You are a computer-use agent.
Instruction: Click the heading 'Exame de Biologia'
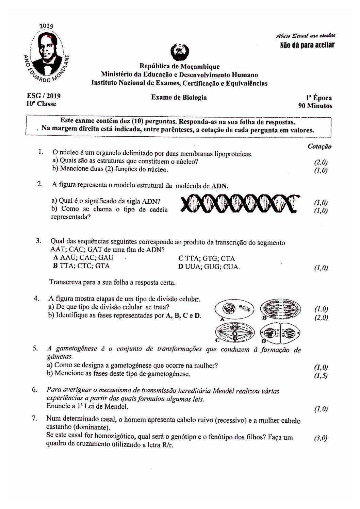179,98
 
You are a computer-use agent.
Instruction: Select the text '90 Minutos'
315,106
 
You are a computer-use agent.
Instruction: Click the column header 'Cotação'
320,147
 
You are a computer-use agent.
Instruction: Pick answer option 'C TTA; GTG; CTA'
207,259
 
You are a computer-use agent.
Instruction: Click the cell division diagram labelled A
234,309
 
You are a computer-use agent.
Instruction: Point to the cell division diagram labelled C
234,332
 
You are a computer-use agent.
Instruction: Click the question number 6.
34,389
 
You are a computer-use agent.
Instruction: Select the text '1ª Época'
319,98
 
